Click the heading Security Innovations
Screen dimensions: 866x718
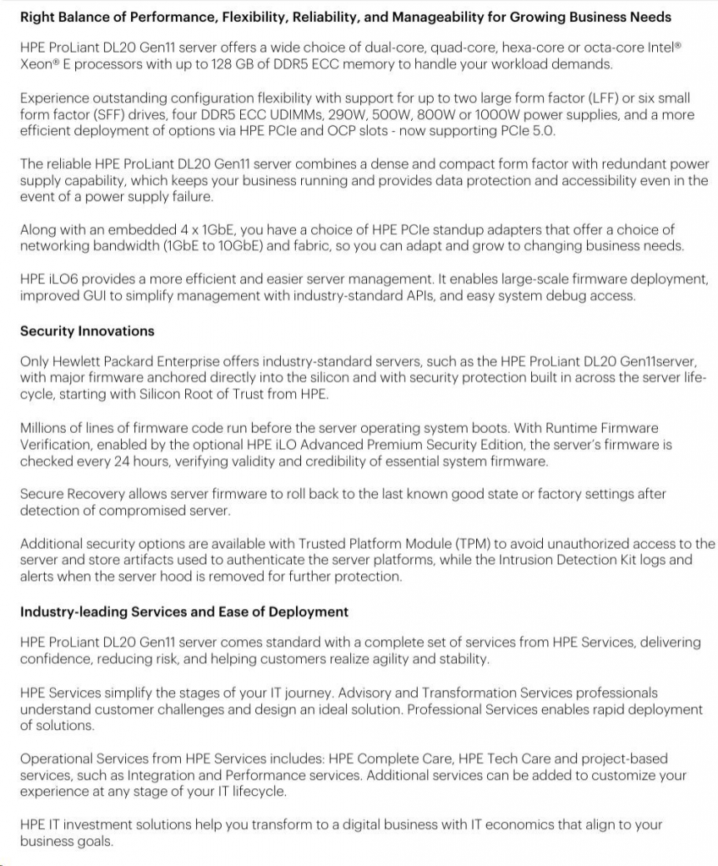tap(87, 331)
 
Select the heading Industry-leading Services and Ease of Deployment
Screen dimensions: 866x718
tap(184, 611)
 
